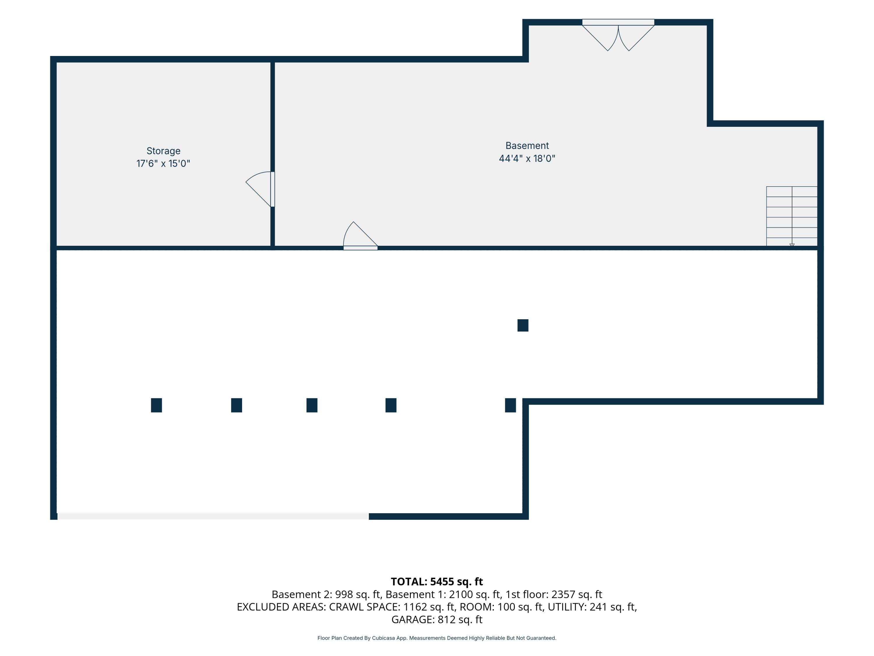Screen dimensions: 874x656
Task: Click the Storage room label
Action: click(163, 151)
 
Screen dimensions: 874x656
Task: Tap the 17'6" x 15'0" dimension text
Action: click(163, 163)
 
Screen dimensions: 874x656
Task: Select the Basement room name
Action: click(527, 145)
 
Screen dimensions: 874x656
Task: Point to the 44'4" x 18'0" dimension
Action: click(527, 158)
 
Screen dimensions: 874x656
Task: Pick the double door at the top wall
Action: click(618, 36)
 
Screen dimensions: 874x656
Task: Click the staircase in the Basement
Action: click(792, 216)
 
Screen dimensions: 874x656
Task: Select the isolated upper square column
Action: click(523, 325)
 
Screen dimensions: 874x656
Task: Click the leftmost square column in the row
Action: click(156, 405)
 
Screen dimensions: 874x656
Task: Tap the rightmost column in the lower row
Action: click(510, 405)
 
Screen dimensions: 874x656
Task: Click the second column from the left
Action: click(237, 405)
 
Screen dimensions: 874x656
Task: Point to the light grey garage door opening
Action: click(213, 516)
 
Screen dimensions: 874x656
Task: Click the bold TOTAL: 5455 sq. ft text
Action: click(437, 582)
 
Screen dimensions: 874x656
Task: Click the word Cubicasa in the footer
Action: click(383, 638)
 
